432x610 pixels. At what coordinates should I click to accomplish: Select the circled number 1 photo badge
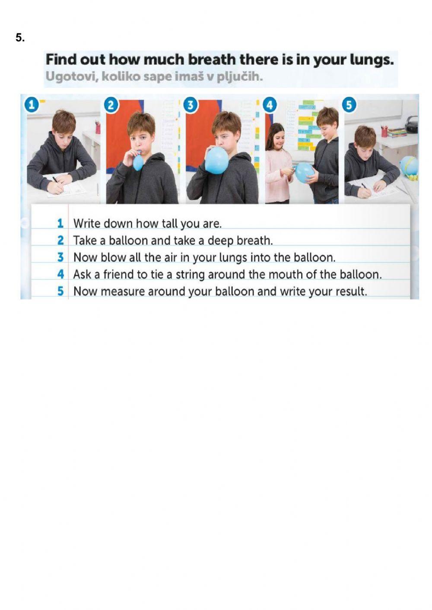point(32,105)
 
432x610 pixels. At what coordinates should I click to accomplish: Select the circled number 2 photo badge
point(111,105)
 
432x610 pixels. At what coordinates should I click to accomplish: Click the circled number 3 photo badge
point(190,105)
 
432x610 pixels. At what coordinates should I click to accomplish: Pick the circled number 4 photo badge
point(270,105)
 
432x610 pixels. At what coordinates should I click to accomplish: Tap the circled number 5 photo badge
point(349,105)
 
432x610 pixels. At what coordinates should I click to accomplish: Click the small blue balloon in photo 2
point(138,162)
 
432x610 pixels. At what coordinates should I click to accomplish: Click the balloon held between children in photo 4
point(305,173)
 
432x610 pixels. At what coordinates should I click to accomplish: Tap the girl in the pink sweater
point(278,163)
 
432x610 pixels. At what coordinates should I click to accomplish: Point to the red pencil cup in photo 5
point(384,132)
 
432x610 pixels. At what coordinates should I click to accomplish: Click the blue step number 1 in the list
point(60,224)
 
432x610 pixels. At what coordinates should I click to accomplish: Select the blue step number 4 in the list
point(60,274)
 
